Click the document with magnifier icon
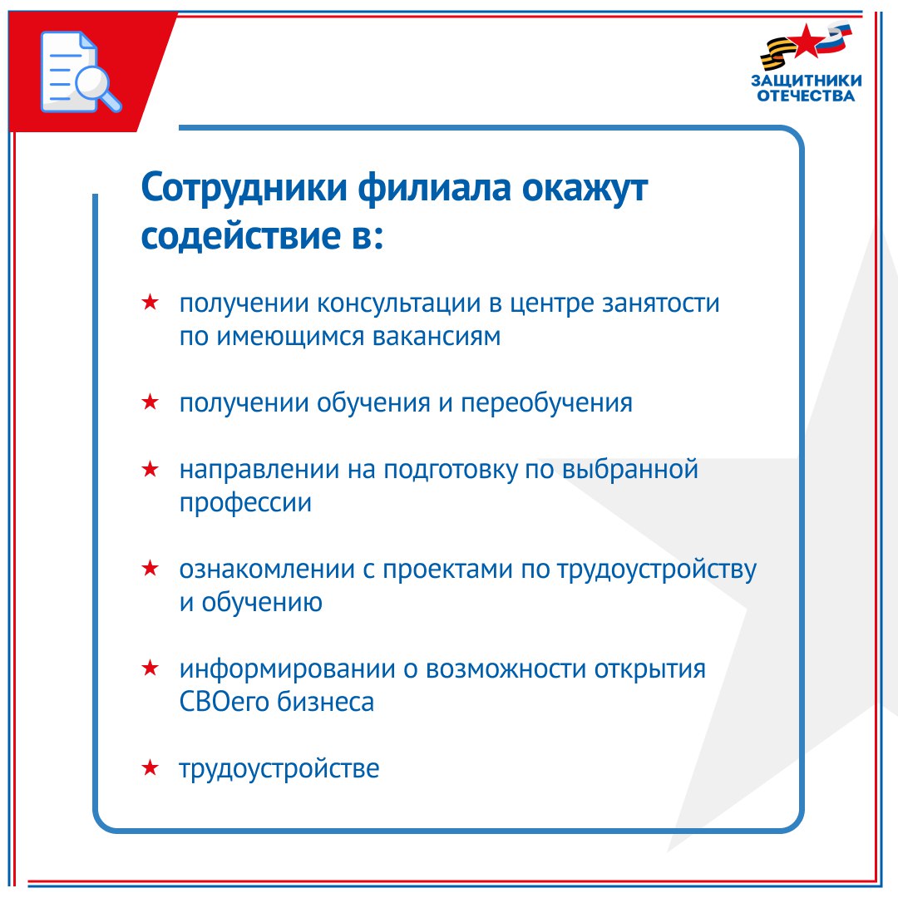80,72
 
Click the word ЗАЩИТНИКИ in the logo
807,80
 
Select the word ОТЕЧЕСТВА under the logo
806,95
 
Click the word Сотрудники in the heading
244,188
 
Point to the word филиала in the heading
435,188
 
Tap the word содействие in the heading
240,235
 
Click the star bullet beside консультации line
150,301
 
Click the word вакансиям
437,336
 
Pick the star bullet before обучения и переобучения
150,402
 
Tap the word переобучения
547,403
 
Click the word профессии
245,503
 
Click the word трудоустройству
657,570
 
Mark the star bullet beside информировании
150,667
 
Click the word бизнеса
326,702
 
